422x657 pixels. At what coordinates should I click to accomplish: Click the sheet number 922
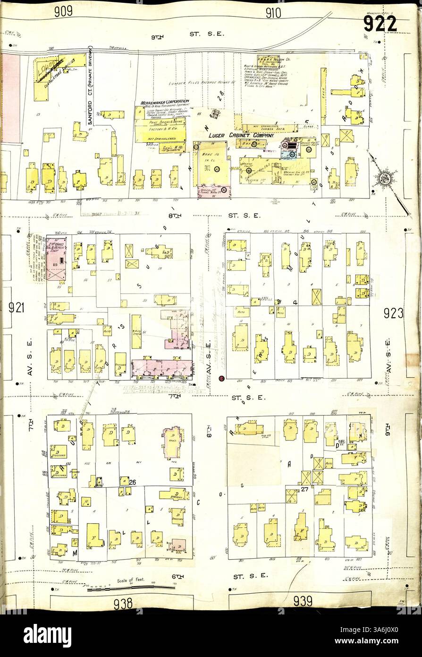click(380, 24)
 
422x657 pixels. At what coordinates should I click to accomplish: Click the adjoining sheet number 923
click(394, 313)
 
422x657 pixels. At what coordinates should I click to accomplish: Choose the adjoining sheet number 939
click(303, 601)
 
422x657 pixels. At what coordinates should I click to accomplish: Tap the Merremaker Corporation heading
click(165, 102)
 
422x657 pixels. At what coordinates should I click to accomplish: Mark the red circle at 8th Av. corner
click(222, 378)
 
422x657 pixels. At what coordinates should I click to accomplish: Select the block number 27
click(304, 490)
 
